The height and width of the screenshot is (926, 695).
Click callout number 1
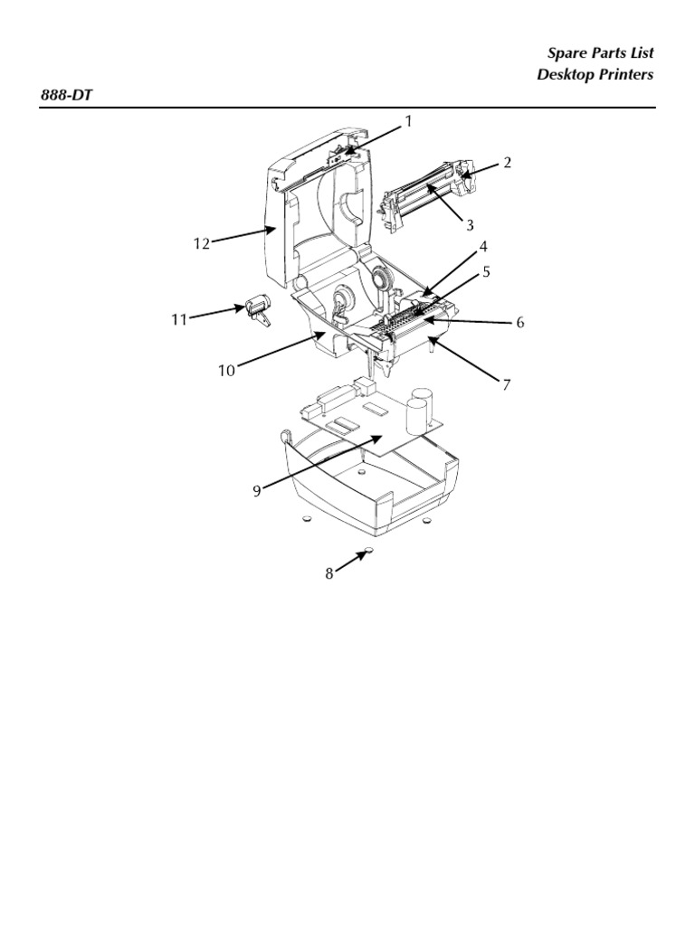coord(408,121)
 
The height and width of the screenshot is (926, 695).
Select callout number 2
coord(507,163)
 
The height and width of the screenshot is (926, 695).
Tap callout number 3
coord(470,225)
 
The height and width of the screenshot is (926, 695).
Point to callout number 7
coord(506,385)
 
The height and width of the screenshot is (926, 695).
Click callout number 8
coord(329,572)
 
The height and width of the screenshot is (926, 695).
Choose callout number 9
coord(256,491)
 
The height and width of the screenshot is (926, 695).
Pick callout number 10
coord(226,371)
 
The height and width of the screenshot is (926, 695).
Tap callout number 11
coord(179,319)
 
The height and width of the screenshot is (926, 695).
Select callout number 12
coord(202,243)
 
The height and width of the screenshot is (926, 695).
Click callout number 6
coord(520,323)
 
